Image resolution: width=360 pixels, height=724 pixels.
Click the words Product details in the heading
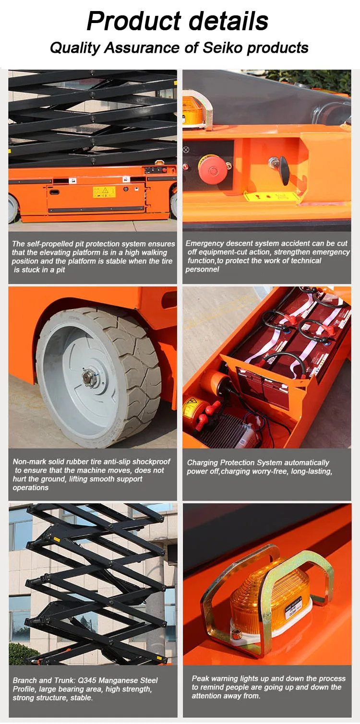tap(178, 21)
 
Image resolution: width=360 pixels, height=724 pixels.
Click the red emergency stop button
tap(212, 169)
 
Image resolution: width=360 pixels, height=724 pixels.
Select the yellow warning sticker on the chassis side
tap(104, 192)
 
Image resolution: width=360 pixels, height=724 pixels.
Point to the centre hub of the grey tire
tap(90, 378)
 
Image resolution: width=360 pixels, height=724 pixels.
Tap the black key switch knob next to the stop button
tap(284, 170)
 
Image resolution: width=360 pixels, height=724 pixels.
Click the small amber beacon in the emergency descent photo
tap(193, 108)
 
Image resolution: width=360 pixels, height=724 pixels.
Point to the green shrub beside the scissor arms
tap(22, 653)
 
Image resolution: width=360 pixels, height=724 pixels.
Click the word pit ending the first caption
tap(60, 270)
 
